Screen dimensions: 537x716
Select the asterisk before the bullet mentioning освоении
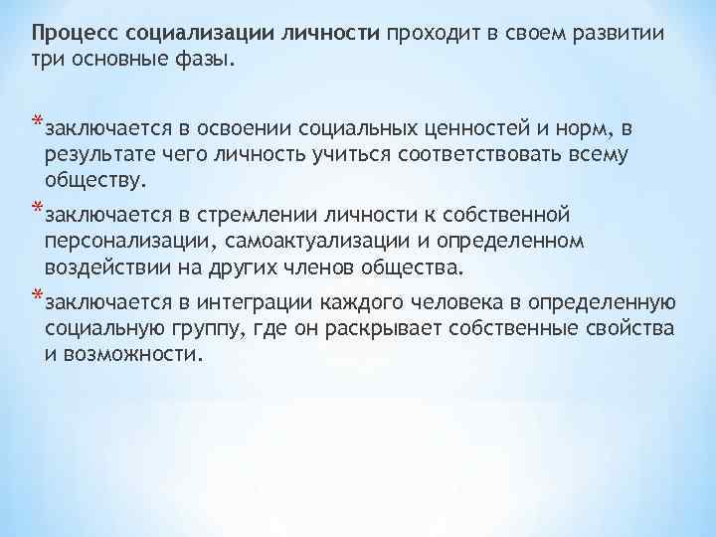(37, 124)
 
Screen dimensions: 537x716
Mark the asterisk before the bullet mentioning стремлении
(37, 210)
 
